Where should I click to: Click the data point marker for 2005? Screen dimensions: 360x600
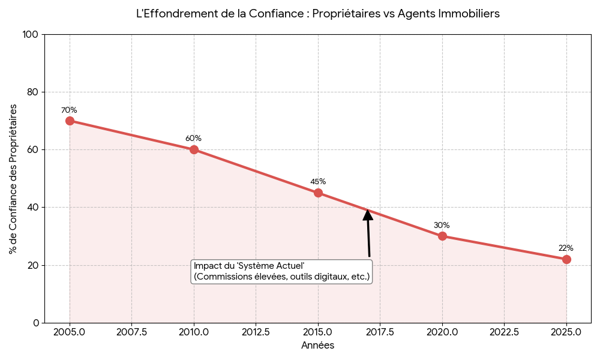point(70,121)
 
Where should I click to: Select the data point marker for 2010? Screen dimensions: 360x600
point(194,149)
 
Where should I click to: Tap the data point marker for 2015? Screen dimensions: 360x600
point(318,193)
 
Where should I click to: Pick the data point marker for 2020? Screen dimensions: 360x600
point(442,236)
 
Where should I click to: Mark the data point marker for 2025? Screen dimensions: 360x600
point(566,259)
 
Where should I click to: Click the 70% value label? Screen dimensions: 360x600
point(69,110)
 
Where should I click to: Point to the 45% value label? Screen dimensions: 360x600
point(318,182)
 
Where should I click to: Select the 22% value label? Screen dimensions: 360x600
point(566,248)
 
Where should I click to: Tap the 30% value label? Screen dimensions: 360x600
point(442,226)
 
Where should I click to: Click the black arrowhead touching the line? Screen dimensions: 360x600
point(368,214)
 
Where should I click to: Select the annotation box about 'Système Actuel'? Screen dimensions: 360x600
point(281,271)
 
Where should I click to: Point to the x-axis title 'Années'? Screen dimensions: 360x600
point(317,346)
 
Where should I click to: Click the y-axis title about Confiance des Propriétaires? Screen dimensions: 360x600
point(13,179)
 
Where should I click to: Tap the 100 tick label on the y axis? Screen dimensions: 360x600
point(30,35)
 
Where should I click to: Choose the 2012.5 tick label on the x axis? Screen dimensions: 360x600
point(256,332)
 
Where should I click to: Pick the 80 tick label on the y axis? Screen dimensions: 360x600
point(32,92)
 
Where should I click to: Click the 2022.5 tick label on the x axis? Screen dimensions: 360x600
point(504,332)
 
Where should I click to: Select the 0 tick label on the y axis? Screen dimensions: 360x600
point(35,323)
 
